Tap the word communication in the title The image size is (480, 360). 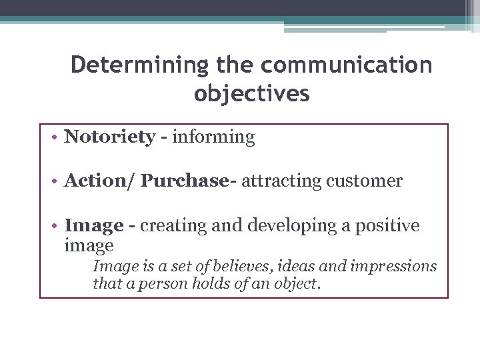pos(347,65)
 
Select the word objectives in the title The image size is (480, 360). pos(252,93)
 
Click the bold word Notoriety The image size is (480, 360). pos(109,137)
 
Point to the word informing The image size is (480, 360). pos(213,137)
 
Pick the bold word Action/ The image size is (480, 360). pos(99,181)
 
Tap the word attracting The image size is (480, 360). pos(282,181)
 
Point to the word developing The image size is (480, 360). pos(290,226)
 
